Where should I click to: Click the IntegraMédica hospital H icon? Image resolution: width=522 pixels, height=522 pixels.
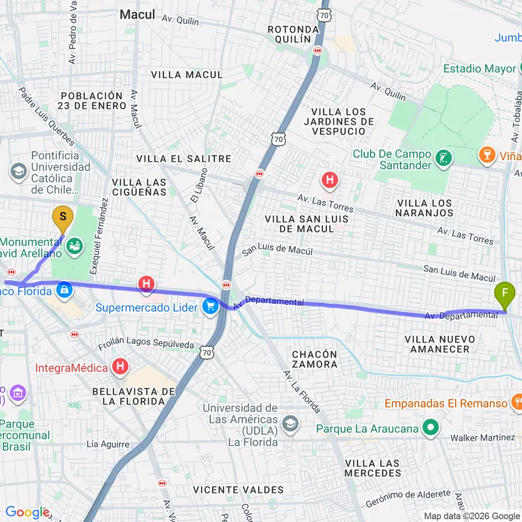click(120, 366)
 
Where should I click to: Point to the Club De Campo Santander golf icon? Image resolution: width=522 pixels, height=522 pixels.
click(443, 159)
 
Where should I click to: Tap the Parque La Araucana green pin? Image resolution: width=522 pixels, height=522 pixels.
click(432, 428)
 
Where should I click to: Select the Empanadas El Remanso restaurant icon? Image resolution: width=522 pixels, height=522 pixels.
click(516, 402)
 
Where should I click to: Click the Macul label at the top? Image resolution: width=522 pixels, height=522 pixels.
click(137, 14)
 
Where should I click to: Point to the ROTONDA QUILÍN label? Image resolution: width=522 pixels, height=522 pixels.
click(293, 34)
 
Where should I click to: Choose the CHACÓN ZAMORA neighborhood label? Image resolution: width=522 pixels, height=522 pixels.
click(315, 358)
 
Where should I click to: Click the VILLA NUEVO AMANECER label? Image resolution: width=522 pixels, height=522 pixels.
click(440, 344)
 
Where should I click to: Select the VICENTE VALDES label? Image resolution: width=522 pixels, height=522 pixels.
click(239, 490)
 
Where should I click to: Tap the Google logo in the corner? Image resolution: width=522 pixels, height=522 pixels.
click(27, 512)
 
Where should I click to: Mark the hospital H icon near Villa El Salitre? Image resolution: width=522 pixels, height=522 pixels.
click(329, 181)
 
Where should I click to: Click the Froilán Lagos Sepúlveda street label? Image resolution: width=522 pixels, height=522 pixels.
click(145, 344)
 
